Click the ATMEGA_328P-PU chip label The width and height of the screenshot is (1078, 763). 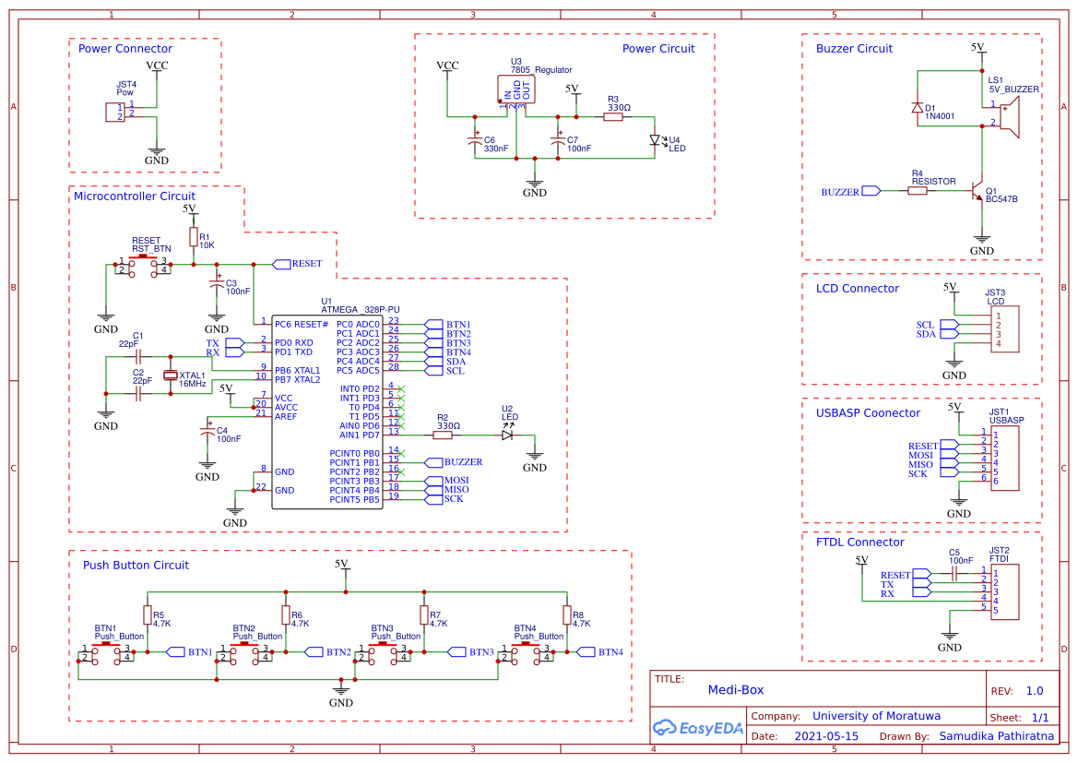click(x=360, y=310)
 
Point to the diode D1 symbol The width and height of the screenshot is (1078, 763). click(x=917, y=108)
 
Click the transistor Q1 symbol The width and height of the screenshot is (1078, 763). click(x=978, y=191)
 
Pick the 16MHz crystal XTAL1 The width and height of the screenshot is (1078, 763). click(x=171, y=375)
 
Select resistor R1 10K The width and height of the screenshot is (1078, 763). click(x=193, y=237)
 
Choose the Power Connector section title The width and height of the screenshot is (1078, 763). click(x=124, y=49)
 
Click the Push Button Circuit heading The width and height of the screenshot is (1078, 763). click(x=136, y=566)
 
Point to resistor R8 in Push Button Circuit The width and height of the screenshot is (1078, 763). click(x=566, y=615)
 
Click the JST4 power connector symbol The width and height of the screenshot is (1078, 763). click(x=115, y=112)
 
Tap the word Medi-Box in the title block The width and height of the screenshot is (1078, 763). click(x=735, y=689)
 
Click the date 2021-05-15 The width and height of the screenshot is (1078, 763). click(x=826, y=736)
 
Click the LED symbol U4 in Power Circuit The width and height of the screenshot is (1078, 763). click(x=657, y=141)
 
